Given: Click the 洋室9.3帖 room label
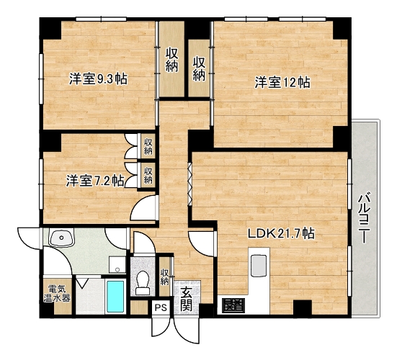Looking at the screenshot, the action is point(98,79).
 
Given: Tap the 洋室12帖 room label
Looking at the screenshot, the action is point(282,83).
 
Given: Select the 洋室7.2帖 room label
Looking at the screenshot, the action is point(95,181).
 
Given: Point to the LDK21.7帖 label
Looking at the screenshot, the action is point(281,233).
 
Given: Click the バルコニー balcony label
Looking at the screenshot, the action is point(365,217).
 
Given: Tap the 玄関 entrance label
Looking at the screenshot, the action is point(186,300).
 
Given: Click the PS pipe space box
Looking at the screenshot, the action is point(161,307).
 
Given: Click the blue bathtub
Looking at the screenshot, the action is point(115,296).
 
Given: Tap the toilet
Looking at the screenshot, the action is point(143,282).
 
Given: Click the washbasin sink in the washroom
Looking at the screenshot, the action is point(61,238).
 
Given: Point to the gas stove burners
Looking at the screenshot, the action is point(233,305).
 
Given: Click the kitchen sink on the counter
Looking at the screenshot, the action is point(259,266).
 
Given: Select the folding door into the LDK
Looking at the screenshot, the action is point(189,184).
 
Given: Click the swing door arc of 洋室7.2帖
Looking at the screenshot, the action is point(142,207).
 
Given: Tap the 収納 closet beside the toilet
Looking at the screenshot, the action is point(164,276).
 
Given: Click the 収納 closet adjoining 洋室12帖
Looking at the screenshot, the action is point(199,68).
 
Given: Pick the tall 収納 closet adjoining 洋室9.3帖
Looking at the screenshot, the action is point(171,59).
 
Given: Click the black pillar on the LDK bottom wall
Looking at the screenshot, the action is point(303,307).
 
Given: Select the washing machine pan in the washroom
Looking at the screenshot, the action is point(117,265).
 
